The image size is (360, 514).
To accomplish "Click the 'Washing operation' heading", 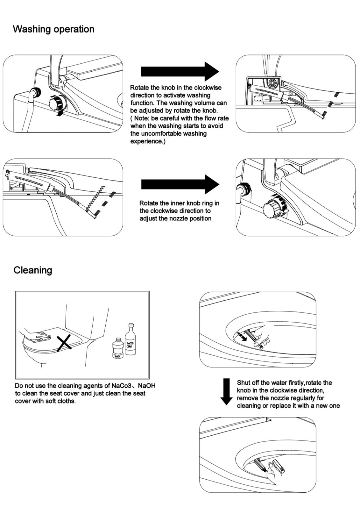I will coord(53,29).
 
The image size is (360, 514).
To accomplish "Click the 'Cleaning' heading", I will coord(33,270).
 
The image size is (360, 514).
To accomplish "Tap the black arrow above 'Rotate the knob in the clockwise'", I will coord(180,71).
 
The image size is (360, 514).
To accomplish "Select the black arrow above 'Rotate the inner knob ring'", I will coord(180,184).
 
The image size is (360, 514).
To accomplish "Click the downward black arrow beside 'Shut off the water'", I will coord(226,391).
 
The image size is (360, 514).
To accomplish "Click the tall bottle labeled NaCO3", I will coord(130,340).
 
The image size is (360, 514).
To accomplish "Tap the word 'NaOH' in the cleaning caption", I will coord(147,386).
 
